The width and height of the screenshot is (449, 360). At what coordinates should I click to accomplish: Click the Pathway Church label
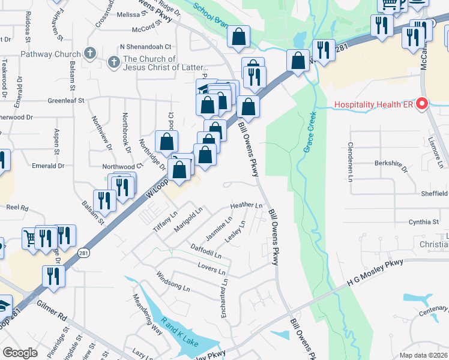[x=50, y=53]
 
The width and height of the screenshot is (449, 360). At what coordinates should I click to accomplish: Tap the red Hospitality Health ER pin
[x=421, y=104]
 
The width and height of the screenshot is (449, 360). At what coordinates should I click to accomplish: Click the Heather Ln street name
[x=250, y=206]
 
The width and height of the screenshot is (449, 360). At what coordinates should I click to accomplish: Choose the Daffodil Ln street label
[x=206, y=251]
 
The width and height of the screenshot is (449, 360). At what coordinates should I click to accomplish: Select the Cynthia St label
[x=424, y=222]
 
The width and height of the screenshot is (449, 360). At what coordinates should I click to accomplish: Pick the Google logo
[x=20, y=353]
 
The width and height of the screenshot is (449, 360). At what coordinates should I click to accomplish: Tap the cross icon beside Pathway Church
[x=90, y=53]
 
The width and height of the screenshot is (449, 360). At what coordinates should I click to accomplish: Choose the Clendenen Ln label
[x=350, y=155]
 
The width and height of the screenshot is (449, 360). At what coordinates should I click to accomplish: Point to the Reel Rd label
[x=17, y=207]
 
